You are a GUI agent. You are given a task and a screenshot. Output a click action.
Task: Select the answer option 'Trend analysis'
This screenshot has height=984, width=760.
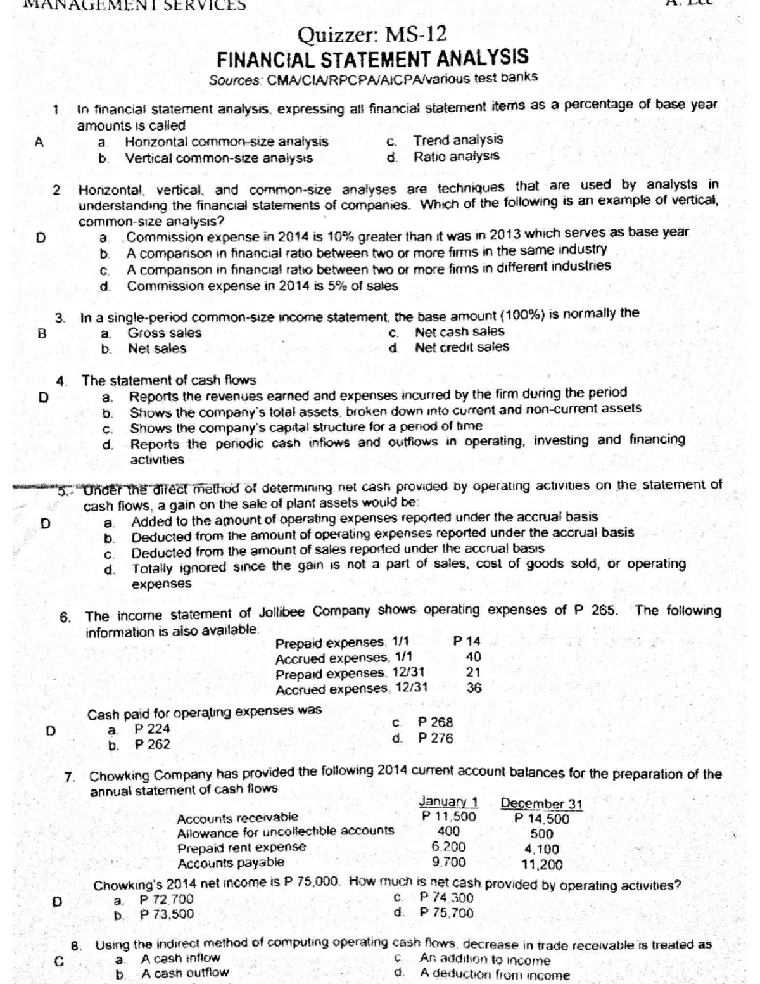pyautogui.click(x=458, y=139)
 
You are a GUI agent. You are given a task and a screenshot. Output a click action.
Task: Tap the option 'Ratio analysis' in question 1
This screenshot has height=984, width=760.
pyautogui.click(x=456, y=156)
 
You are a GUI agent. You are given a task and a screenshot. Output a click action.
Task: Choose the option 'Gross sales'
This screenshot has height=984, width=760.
pyautogui.click(x=164, y=333)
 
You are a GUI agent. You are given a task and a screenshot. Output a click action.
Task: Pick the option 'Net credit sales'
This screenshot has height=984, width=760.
pyautogui.click(x=462, y=347)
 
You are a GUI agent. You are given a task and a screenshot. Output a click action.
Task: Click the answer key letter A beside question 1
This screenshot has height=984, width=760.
pyautogui.click(x=39, y=143)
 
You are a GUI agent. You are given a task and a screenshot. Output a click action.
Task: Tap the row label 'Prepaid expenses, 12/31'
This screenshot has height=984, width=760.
pyautogui.click(x=350, y=672)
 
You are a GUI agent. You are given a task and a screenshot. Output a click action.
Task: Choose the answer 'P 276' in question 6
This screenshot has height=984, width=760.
pyautogui.click(x=436, y=738)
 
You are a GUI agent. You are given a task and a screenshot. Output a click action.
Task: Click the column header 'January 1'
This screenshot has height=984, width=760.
pyautogui.click(x=448, y=802)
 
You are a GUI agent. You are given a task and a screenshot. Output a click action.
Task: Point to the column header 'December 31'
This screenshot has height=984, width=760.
pyautogui.click(x=541, y=804)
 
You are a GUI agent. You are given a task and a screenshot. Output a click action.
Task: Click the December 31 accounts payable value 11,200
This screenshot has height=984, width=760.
pyautogui.click(x=541, y=864)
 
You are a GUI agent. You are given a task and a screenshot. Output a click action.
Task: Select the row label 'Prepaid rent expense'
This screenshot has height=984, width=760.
pyautogui.click(x=241, y=847)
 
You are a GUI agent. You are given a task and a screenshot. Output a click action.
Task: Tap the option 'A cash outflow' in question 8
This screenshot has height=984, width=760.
pyautogui.click(x=184, y=973)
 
